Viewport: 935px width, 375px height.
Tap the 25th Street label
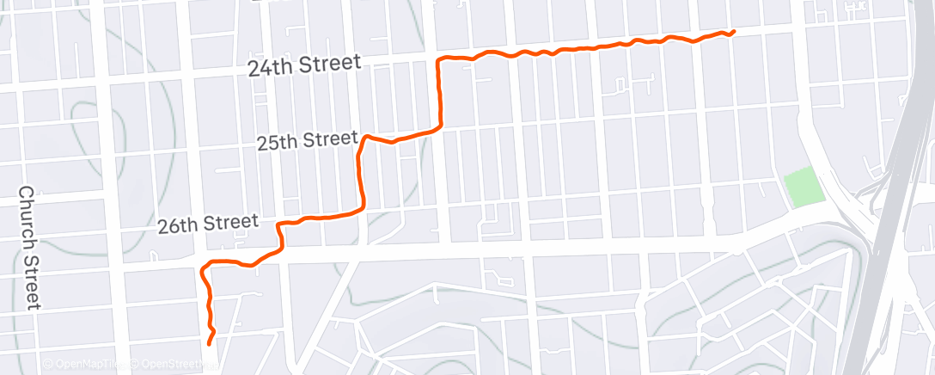pos(308,139)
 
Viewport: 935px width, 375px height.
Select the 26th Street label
pos(207,224)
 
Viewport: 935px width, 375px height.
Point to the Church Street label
pos(29,248)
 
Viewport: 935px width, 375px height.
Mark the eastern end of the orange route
pos(733,32)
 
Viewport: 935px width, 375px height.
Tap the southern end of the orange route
pos(210,344)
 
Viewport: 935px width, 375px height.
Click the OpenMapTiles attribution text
pos(86,365)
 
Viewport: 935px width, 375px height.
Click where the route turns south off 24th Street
pos(440,60)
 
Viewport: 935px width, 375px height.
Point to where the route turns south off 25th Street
pos(365,138)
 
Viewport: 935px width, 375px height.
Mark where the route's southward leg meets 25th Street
pos(441,127)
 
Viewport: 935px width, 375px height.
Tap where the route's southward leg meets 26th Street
pos(362,208)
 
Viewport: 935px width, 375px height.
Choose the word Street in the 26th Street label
pos(232,223)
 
